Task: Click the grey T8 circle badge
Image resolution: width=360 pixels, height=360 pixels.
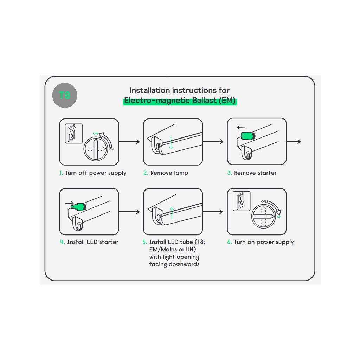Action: point(65,95)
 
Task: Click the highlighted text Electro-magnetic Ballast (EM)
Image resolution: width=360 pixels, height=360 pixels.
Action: point(180,101)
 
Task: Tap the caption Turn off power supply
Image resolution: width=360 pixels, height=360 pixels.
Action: point(96,173)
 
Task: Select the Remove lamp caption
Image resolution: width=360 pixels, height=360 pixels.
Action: point(169,173)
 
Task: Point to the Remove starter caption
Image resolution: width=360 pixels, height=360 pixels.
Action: point(255,173)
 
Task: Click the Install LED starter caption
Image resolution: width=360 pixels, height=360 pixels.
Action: point(92,242)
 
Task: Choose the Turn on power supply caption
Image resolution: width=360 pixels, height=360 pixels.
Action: point(264,242)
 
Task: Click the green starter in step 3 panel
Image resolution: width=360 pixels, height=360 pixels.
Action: point(248,136)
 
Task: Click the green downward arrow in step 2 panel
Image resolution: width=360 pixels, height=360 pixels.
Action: point(171,143)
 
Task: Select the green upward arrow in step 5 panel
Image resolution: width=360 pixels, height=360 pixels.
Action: point(172,213)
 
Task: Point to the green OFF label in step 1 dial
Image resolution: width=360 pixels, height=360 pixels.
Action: point(96,134)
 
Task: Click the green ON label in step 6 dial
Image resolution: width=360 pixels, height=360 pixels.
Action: point(279,217)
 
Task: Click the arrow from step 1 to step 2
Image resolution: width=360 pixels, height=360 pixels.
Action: point(129,142)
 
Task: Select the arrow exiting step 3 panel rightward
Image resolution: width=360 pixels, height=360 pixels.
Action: point(294,142)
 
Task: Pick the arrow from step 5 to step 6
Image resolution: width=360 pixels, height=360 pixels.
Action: point(213,211)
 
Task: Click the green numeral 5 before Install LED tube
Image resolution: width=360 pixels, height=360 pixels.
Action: point(144,242)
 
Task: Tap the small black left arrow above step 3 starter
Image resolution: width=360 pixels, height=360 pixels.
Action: point(241,127)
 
